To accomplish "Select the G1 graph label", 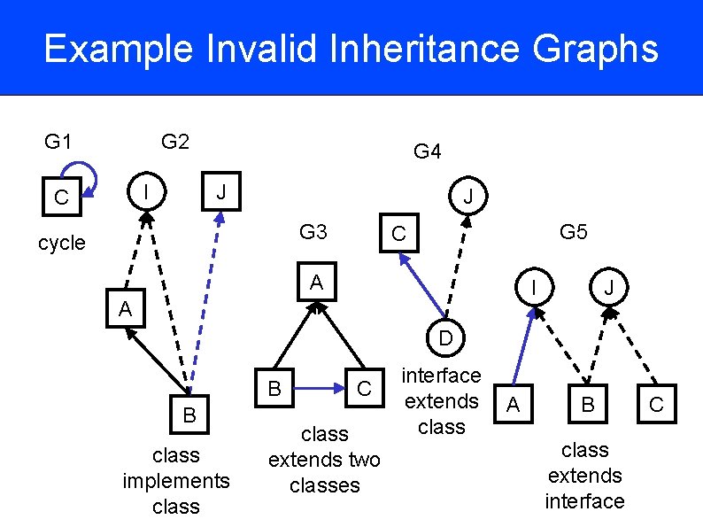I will click(58, 142).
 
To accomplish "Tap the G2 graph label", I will click(175, 142).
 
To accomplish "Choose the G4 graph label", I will click(428, 151).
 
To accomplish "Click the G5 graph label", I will click(574, 233).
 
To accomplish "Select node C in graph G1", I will click(61, 197).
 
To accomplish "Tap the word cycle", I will click(62, 243).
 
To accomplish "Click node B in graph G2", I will click(189, 415).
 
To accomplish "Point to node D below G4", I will click(445, 338).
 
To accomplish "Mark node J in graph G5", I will click(608, 289).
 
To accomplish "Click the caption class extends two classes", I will click(324, 460).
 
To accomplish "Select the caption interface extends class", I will click(441, 401).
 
